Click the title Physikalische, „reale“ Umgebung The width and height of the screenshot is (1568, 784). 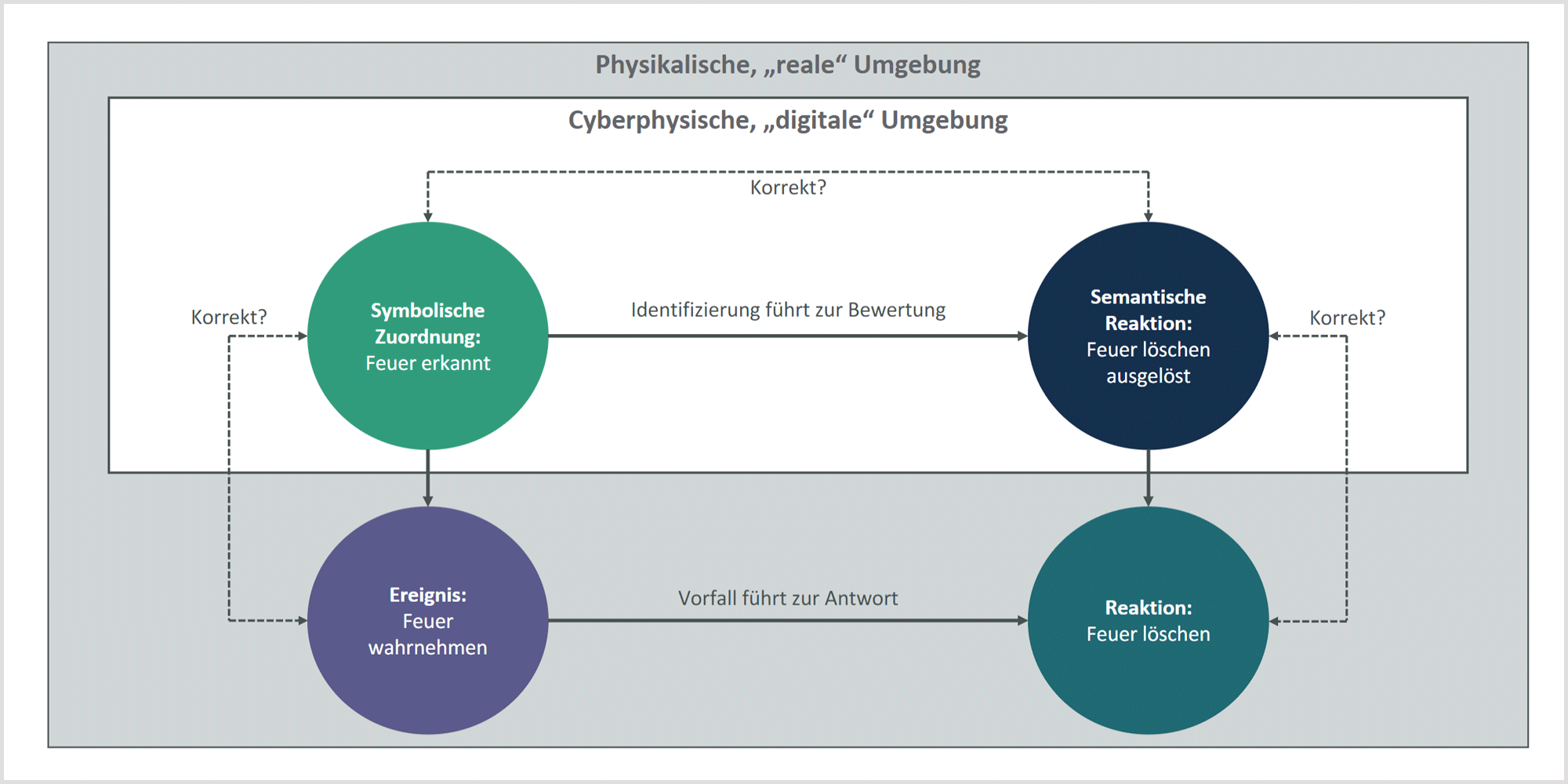coord(787,65)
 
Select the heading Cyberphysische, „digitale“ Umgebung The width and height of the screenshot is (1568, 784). coord(788,121)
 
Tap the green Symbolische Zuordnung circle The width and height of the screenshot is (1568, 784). coord(428,336)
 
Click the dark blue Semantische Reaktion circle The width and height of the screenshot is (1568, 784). coord(1148,336)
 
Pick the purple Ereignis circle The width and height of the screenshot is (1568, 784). coord(428,620)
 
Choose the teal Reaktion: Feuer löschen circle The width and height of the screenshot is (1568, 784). coord(1148,620)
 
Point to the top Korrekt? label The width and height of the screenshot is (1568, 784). coord(788,188)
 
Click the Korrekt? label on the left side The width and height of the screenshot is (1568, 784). coord(229,318)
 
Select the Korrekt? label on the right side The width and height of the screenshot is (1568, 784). coord(1348,318)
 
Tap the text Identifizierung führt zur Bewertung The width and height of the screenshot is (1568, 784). coord(788,310)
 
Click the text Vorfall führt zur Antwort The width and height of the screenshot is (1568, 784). coord(788,598)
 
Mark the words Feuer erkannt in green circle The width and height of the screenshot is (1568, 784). coord(428,363)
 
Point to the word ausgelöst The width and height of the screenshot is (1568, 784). coord(1148,377)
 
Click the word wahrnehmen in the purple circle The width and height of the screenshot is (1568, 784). coord(428,648)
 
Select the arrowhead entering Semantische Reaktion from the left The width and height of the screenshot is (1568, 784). coord(1022,336)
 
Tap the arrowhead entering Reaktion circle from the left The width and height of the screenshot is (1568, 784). coord(1022,621)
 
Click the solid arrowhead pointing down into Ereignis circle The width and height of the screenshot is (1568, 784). coord(428,501)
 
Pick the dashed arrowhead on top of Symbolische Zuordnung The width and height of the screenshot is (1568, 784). coord(428,217)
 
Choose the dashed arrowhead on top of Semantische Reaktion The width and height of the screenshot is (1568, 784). coord(1149,217)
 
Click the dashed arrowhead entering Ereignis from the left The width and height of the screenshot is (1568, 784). coord(303,621)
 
